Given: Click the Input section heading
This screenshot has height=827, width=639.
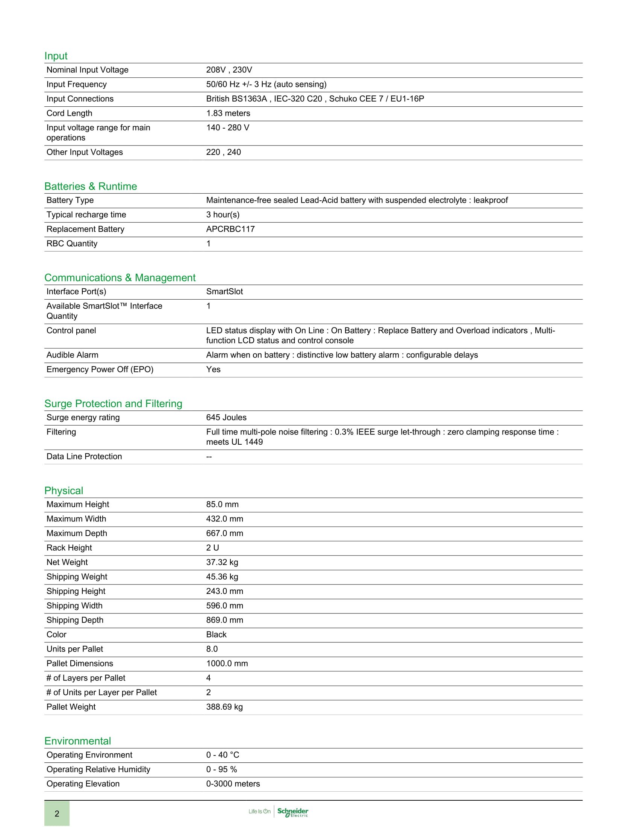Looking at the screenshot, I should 56,56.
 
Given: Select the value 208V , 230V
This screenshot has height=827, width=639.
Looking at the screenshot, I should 229,70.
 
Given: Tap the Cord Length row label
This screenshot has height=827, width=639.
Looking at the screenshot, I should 69,113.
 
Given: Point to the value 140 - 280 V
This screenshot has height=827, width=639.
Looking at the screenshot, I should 227,127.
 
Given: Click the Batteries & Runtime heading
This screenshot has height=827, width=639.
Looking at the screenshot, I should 91,186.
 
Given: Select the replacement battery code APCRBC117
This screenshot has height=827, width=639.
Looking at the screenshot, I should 230,229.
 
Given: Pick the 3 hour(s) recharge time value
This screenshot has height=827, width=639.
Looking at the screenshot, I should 223,215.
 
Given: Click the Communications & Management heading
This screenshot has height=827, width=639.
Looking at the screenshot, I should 120,277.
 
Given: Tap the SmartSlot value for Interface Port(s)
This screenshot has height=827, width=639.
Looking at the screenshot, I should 224,292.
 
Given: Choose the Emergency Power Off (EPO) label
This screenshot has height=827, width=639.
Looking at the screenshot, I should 100,369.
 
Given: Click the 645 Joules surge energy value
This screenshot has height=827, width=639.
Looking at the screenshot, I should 226,417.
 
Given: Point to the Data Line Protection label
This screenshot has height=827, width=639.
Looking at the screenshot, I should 84,456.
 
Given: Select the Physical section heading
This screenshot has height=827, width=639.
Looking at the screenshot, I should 64,490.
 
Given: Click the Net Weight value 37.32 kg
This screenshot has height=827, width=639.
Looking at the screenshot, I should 222,562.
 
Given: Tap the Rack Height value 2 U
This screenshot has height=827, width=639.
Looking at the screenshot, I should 212,548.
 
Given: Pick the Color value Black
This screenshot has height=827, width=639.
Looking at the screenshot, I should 216,635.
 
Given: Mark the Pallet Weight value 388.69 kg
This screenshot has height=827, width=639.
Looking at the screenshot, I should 224,707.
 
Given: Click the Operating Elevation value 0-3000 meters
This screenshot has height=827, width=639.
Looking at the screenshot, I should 233,784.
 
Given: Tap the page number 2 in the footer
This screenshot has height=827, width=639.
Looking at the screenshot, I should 57,813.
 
